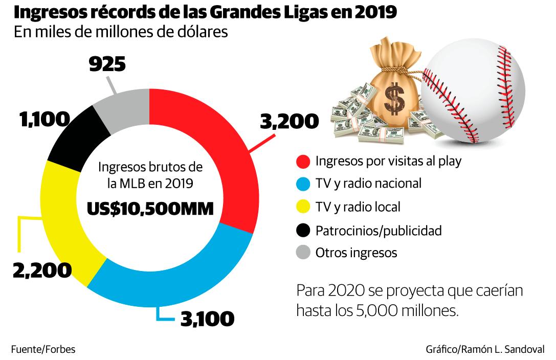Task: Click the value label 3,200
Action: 290,122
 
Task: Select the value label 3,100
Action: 207,319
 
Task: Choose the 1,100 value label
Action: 45,120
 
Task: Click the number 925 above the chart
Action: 107,65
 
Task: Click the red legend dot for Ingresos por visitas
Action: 303,162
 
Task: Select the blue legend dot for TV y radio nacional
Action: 303,184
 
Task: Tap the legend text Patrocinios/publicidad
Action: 378,230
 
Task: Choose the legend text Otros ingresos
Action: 356,253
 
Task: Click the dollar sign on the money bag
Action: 394,97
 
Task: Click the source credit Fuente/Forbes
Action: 43,350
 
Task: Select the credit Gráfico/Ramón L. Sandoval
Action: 485,350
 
